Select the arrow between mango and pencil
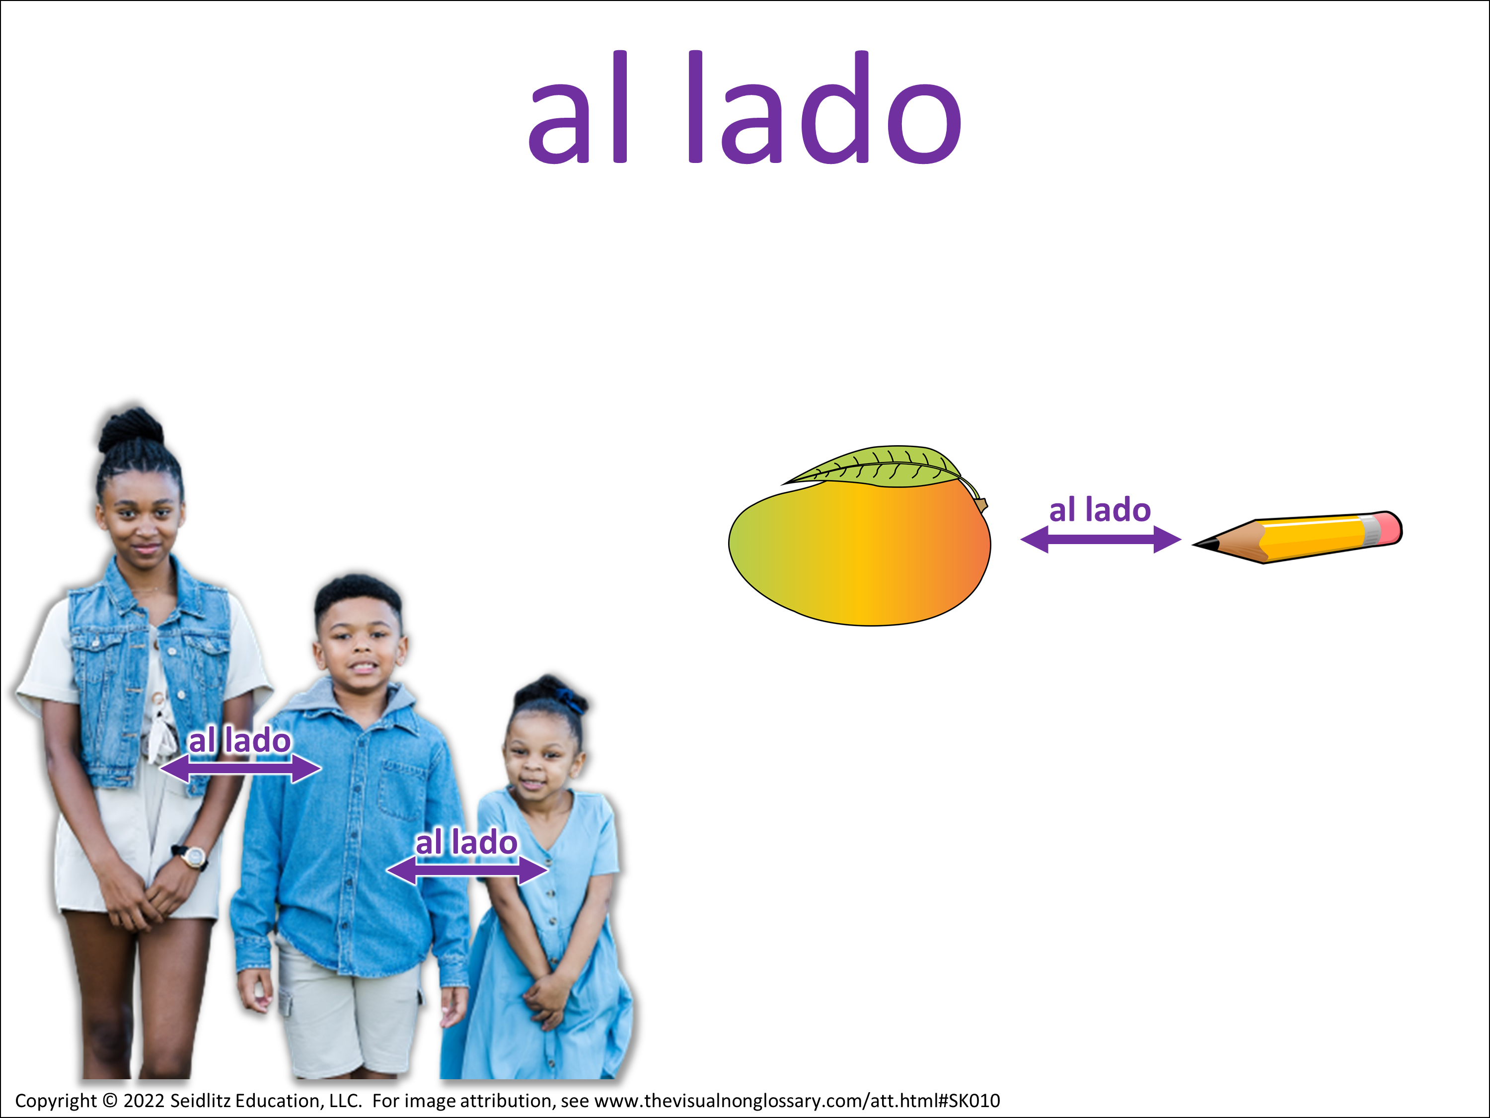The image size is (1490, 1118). point(1101,539)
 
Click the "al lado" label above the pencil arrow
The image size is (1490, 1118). point(1100,510)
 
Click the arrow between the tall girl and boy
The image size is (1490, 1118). point(240,768)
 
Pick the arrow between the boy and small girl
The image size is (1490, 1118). point(467,870)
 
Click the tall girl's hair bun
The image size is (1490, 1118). point(131,429)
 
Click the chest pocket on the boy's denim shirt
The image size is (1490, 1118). point(402,789)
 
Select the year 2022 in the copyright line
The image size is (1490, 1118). point(144,1101)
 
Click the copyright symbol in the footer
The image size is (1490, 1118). point(110,1101)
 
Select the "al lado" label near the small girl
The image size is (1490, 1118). point(466,842)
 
